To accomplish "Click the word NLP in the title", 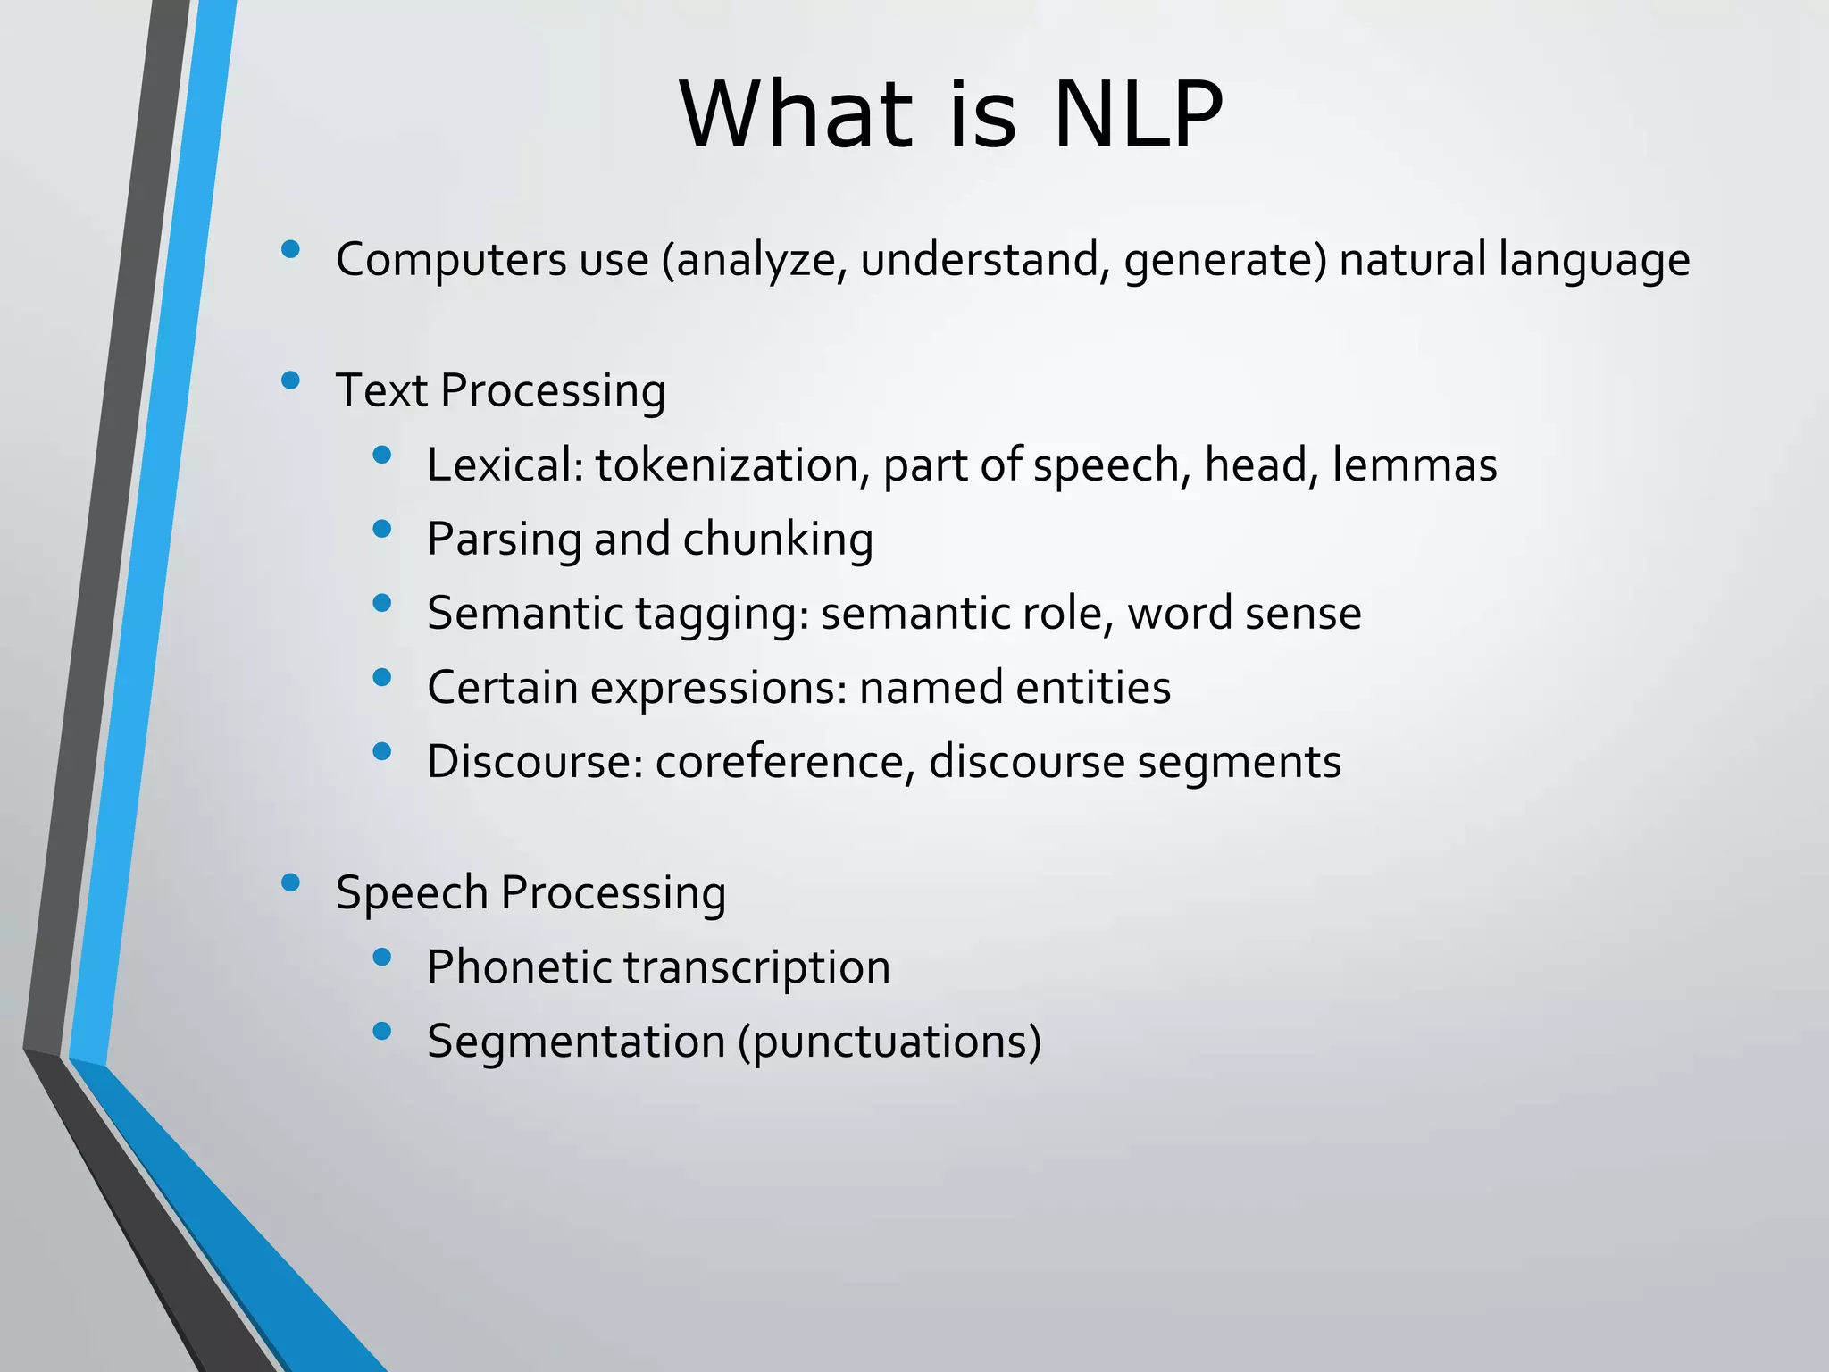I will click(1138, 114).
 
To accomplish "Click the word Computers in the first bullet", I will click(449, 260).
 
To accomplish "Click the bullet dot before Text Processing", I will click(289, 381).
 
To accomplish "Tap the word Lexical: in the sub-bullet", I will click(505, 464).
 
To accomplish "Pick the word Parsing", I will click(504, 540).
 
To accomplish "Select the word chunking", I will click(778, 540).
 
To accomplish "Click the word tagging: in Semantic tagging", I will click(722, 614).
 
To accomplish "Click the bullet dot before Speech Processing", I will click(289, 883).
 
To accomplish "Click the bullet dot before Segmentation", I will click(382, 1033).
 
